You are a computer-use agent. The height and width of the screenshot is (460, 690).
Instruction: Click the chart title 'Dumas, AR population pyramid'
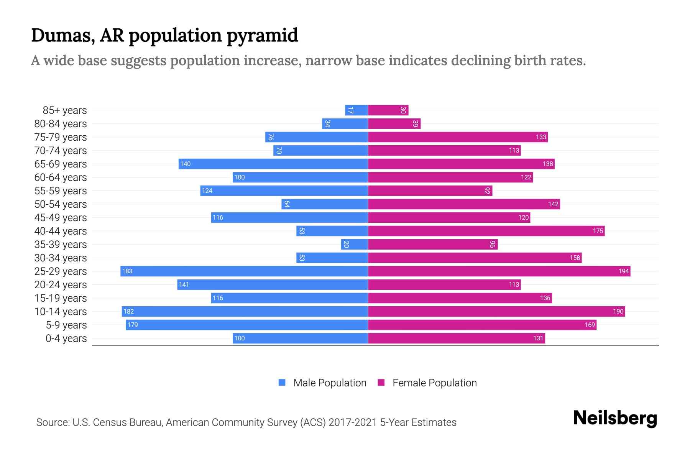[x=164, y=35]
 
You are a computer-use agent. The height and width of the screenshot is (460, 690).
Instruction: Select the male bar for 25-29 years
[x=244, y=271]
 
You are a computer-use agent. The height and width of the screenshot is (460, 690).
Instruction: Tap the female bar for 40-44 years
[x=486, y=231]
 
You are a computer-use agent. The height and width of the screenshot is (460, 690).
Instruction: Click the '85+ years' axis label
[x=65, y=110]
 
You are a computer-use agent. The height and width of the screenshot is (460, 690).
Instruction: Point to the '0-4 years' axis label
[x=66, y=338]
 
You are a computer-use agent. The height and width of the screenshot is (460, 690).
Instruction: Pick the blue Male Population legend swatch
[x=282, y=383]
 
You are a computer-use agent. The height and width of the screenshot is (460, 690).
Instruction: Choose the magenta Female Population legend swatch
[x=381, y=383]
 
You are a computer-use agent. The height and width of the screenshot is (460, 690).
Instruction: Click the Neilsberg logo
[x=615, y=418]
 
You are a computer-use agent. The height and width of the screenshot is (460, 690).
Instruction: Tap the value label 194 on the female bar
[x=623, y=271]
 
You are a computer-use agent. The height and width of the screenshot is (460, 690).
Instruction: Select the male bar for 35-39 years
[x=355, y=245]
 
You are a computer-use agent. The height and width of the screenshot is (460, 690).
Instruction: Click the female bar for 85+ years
[x=388, y=110]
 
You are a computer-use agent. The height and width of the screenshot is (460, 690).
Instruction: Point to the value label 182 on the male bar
[x=128, y=312]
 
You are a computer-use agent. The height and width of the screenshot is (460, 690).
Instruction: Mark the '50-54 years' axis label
[x=61, y=204]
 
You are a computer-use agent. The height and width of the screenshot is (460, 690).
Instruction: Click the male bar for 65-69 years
[x=273, y=164]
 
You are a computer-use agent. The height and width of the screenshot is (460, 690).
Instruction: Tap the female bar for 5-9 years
[x=482, y=325]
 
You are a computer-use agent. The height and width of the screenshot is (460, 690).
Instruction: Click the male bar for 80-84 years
[x=345, y=124]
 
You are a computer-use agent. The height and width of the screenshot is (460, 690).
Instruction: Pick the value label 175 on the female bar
[x=598, y=231]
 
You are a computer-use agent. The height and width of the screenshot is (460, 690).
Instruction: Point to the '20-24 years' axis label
[x=61, y=285]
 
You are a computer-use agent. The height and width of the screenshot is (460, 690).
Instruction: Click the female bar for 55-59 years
[x=430, y=191]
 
